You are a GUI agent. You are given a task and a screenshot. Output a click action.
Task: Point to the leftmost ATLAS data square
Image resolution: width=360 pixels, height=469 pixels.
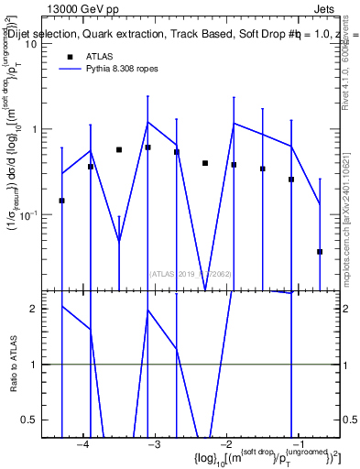pyautogui.click(x=61, y=200)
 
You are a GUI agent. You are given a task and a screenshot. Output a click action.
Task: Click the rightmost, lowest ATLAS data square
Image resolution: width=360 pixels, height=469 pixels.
pyautogui.click(x=320, y=251)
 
